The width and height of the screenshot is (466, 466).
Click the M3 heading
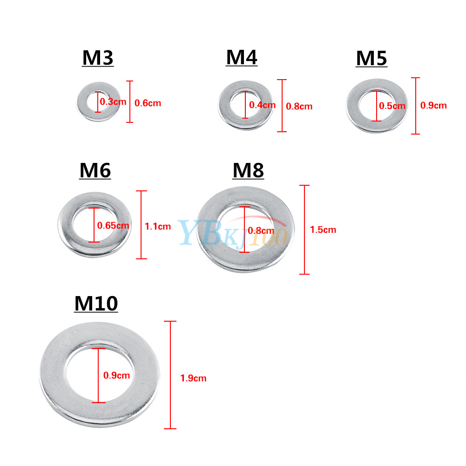point(98,58)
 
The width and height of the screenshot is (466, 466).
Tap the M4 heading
point(242,57)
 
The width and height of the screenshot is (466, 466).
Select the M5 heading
point(371,58)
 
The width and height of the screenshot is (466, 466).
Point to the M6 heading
point(95,170)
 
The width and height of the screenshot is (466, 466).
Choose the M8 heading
point(248,170)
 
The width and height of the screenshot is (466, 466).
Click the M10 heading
point(96,304)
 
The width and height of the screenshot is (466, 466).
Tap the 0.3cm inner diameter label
point(113,101)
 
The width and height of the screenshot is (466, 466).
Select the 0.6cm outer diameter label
point(148,103)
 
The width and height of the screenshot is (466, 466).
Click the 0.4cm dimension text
point(262,105)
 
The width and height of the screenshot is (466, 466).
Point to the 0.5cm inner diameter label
point(392,106)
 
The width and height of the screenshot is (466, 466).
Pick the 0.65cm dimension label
point(113,226)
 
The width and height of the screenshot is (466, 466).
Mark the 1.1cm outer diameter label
point(158,226)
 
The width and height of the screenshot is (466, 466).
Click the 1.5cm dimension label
point(323,230)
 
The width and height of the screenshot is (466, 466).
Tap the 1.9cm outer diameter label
point(193,378)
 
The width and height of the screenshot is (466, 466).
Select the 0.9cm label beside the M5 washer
point(433,106)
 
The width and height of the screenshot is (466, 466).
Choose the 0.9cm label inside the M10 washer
point(116,375)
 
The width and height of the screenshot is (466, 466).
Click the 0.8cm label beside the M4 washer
point(299,107)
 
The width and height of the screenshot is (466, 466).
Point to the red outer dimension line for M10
point(170,375)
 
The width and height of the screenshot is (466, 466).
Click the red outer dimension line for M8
point(304,230)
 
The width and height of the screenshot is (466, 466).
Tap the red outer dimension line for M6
point(141,225)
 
